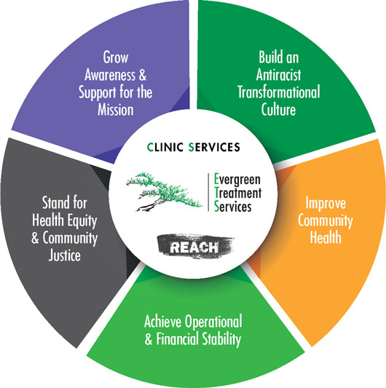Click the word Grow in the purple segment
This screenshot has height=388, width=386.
click(116, 58)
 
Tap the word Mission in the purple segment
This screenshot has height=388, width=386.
click(116, 110)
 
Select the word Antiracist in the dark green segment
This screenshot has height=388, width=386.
click(278, 74)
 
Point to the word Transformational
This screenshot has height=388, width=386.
click(279, 92)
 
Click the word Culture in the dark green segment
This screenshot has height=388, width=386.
click(278, 110)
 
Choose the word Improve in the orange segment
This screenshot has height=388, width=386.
click(326, 204)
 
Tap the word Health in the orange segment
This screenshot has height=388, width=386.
click(326, 237)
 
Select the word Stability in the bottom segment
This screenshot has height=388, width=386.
click(221, 340)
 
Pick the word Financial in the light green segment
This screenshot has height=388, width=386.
click(178, 339)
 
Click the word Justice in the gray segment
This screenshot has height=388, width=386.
click(65, 256)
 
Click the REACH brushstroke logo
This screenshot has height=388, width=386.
click(195, 246)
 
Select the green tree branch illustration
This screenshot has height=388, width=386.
click(163, 191)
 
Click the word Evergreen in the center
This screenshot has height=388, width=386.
click(237, 180)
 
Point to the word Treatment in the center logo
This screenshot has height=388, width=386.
click(238, 193)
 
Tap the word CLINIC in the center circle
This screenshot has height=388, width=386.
click(165, 147)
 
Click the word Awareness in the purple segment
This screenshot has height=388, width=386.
click(110, 75)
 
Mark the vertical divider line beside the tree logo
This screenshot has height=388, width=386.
click(208, 192)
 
